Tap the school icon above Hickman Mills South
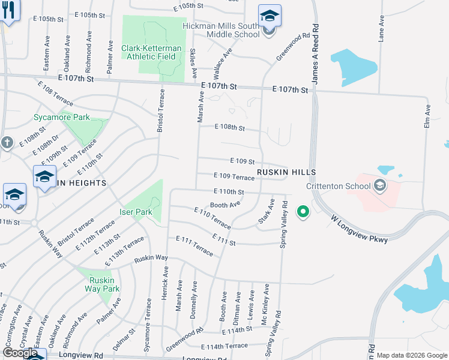270,16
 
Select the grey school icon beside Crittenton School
379,185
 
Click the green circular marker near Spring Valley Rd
303,212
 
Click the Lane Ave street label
381,29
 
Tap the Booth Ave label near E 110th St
225,204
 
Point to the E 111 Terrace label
194,245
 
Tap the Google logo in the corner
20,353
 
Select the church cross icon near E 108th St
7,143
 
